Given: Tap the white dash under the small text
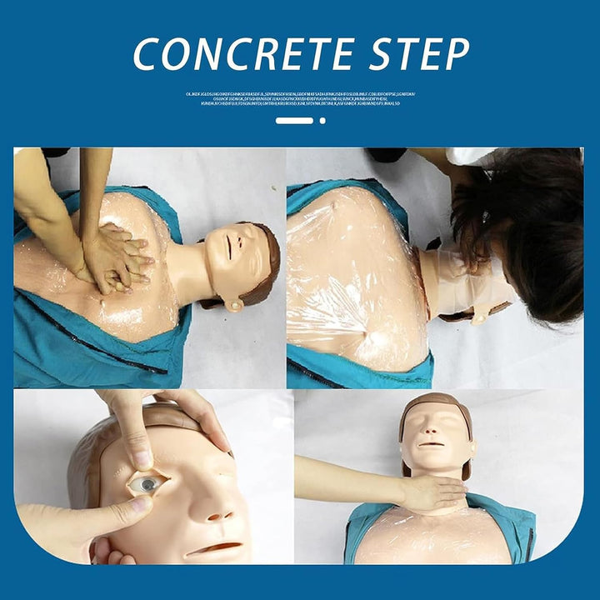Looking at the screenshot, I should [x=293, y=121].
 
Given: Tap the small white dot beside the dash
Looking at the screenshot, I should [x=322, y=121].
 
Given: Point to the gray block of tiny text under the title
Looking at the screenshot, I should [x=300, y=98].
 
